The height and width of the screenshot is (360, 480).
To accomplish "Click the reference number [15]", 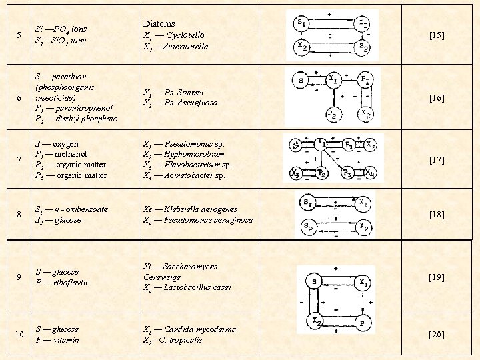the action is click(x=437, y=35).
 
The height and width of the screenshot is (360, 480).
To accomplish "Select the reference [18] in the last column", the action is click(x=437, y=214).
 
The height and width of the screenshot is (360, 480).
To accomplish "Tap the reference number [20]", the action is click(x=437, y=334).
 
